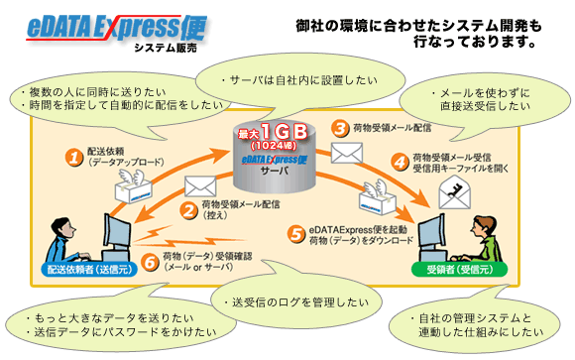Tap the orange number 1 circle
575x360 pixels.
pyautogui.click(x=73, y=157)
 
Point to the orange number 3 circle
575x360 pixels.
pyautogui.click(x=340, y=128)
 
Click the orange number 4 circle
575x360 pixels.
pyautogui.click(x=400, y=160)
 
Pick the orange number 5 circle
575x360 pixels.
pyautogui.click(x=296, y=232)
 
